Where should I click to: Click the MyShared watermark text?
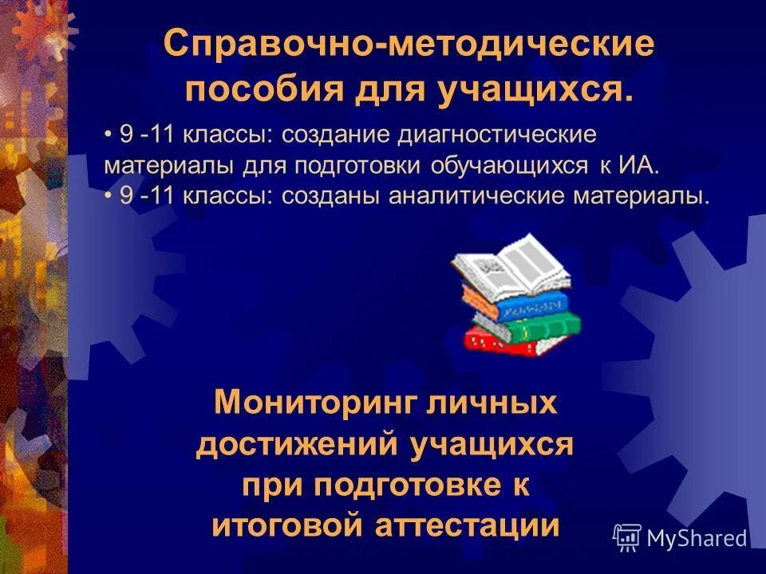697,538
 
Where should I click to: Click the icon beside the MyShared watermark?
627,538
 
